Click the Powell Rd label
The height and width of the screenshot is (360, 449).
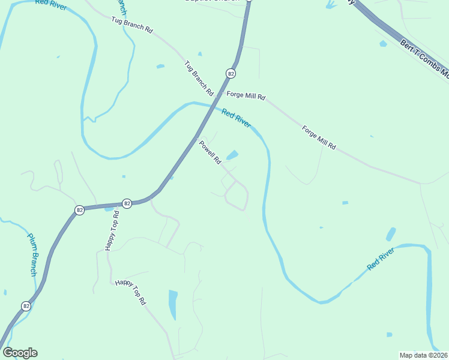[x=211, y=152]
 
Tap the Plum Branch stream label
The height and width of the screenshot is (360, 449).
[x=32, y=254]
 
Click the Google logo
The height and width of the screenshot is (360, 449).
[x=20, y=353]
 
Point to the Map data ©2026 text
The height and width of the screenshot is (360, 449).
[x=424, y=355]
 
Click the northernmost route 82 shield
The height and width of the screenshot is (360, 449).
[x=231, y=73]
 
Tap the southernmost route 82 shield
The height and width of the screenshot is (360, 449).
[x=26, y=306]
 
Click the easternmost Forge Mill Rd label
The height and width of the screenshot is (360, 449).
[x=319, y=137]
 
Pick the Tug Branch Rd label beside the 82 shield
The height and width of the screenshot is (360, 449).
[x=199, y=79]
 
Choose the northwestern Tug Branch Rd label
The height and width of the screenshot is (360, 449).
[x=132, y=25]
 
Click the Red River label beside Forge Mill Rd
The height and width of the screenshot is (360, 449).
[x=236, y=116]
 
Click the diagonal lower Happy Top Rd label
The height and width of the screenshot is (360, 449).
[x=131, y=292]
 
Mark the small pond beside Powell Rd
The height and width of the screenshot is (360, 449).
[x=232, y=155]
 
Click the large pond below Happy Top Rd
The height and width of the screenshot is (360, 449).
[x=173, y=305]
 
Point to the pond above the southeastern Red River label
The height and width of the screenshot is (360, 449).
[x=391, y=234]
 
